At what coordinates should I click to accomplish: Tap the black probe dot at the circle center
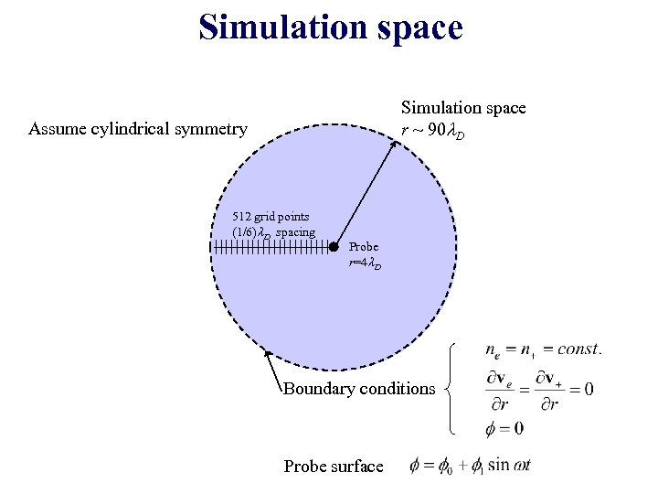pyautogui.click(x=334, y=245)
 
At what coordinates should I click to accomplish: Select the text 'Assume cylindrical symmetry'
pyautogui.click(x=138, y=129)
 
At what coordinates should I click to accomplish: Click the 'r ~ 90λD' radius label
pyautogui.click(x=433, y=132)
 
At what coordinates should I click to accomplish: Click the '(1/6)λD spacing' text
pyautogui.click(x=274, y=232)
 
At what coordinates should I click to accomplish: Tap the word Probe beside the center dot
pyautogui.click(x=363, y=247)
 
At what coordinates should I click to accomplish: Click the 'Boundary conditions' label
pyautogui.click(x=359, y=389)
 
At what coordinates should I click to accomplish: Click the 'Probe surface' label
pyautogui.click(x=334, y=467)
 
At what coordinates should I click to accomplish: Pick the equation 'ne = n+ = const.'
pyautogui.click(x=543, y=349)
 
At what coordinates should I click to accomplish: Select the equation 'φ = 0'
pyautogui.click(x=505, y=428)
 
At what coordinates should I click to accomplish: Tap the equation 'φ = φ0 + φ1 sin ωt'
pyautogui.click(x=472, y=466)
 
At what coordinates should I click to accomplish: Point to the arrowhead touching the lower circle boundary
pyautogui.click(x=267, y=354)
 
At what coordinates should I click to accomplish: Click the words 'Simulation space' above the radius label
pyautogui.click(x=463, y=108)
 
